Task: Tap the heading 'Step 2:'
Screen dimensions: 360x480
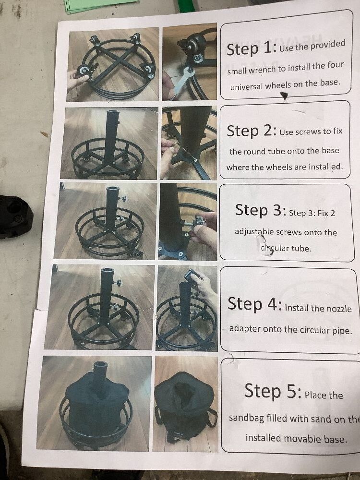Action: [252, 131]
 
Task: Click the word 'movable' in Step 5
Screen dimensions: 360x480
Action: [298, 438]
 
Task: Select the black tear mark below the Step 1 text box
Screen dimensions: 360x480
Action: [284, 96]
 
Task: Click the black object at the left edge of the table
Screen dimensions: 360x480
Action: [15, 216]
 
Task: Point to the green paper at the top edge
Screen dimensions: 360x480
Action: [101, 5]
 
